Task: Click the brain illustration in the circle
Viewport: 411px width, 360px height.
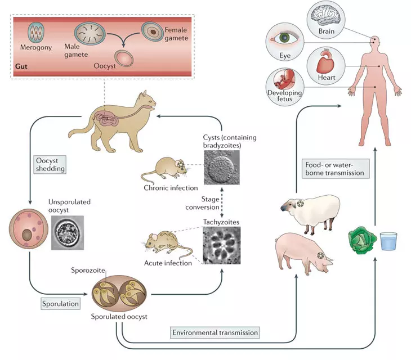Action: point(326,16)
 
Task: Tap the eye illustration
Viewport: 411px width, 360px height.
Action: point(284,38)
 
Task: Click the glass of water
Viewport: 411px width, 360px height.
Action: point(388,241)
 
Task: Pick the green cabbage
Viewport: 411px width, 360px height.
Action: point(362,240)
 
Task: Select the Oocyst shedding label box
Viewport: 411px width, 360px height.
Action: point(50,164)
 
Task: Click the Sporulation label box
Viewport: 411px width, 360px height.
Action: point(60,304)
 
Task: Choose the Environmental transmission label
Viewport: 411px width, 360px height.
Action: point(215,332)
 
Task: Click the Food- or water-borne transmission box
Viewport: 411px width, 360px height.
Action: point(336,169)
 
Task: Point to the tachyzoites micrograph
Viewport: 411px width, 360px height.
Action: point(222,245)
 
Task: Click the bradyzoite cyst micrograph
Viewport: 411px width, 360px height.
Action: point(222,168)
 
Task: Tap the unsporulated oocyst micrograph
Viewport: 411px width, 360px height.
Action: point(68,233)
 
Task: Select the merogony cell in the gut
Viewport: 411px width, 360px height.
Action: point(36,33)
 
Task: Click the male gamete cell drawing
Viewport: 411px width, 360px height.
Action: point(90,33)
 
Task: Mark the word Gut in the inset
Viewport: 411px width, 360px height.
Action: point(21,66)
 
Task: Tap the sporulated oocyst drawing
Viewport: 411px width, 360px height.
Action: point(119,294)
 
